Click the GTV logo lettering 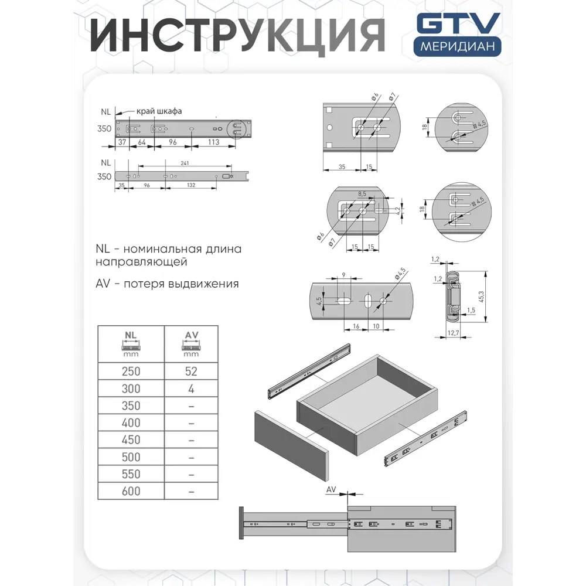458,25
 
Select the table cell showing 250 131,371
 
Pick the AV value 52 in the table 191,371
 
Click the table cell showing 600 131,491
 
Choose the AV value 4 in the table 191,389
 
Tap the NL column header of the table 131,343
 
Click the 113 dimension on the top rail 214,141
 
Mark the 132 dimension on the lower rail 191,186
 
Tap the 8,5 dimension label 362,193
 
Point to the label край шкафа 159,111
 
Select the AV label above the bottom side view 331,489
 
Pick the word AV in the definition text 103,284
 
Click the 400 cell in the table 131,423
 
